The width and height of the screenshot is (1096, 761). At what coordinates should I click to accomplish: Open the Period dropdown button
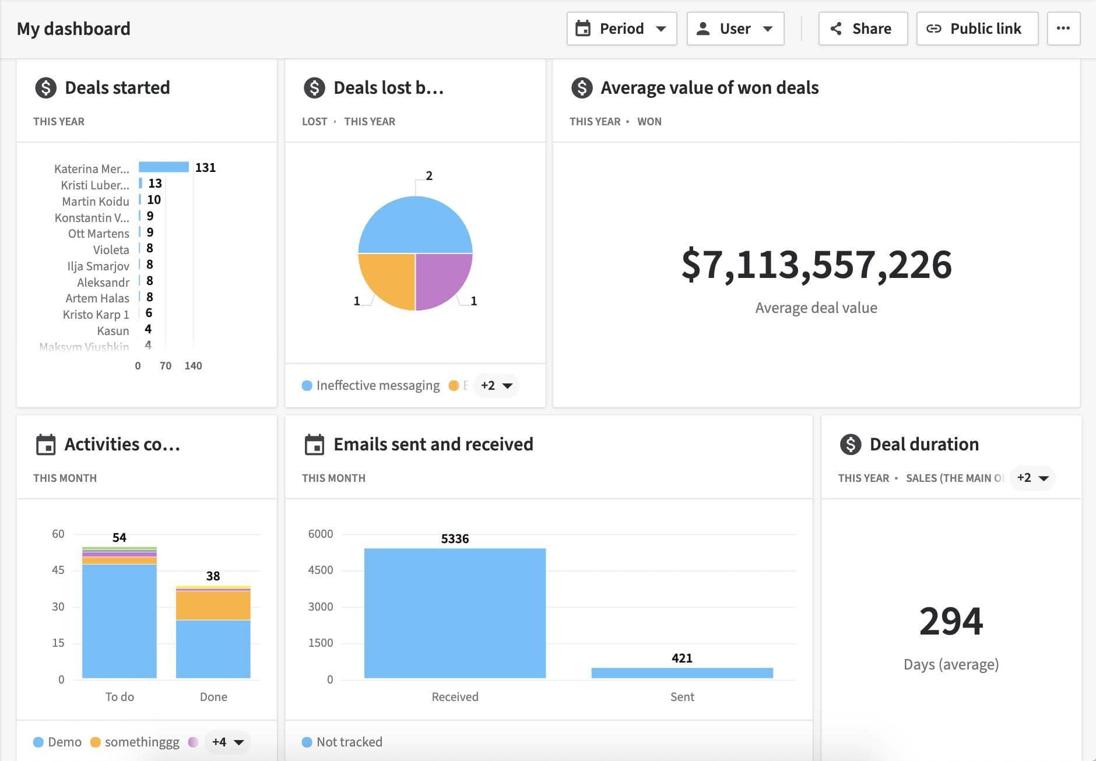point(621,29)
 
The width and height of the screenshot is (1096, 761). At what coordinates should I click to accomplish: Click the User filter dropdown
point(735,29)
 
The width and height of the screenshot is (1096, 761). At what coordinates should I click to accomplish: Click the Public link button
point(977,29)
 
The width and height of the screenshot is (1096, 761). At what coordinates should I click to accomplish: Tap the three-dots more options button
point(1063,29)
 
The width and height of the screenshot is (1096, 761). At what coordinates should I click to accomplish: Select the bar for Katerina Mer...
point(164,167)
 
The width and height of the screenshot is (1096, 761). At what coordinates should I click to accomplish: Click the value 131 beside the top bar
point(205,168)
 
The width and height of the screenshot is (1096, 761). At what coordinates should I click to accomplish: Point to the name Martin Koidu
point(96,201)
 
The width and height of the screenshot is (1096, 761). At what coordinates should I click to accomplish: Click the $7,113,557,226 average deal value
point(816,265)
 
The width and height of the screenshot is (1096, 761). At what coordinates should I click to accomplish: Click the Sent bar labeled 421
point(682,672)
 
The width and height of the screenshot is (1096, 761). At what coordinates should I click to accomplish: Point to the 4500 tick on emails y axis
point(320,570)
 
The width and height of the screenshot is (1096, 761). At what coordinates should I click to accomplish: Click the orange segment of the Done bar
point(213,605)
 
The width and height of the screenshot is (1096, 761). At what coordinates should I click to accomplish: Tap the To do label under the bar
point(120,696)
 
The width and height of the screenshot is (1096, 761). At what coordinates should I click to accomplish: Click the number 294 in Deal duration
point(951,621)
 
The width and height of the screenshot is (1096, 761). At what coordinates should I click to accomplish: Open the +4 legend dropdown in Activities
point(227,742)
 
